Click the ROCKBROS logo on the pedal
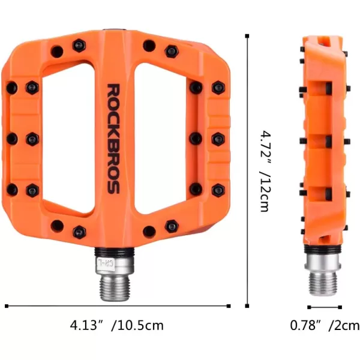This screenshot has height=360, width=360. pos(113,139)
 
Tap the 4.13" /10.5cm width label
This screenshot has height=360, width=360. pos(116,325)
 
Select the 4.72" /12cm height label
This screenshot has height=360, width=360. pos(266,171)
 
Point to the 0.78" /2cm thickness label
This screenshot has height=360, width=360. pos(325,325)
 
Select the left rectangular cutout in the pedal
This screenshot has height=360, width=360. pos(68,138)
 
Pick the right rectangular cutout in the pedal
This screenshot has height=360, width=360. pos(161,138)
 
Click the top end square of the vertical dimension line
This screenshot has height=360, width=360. pos(247,36)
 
